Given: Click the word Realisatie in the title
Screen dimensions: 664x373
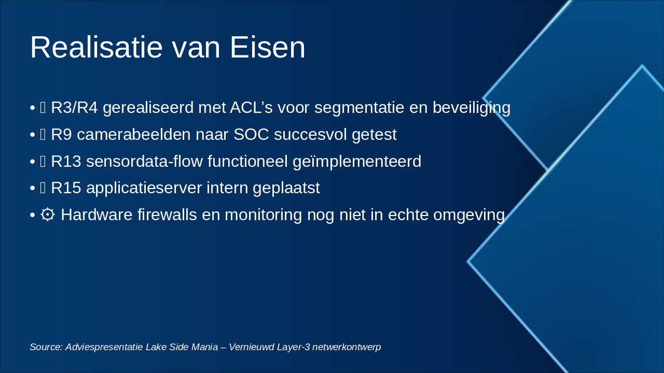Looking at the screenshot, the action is click(96, 47).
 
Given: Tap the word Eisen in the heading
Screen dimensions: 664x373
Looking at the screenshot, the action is click(267, 47).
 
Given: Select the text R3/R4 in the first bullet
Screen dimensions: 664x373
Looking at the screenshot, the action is click(74, 107).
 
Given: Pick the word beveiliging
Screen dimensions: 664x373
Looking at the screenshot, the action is click(472, 108).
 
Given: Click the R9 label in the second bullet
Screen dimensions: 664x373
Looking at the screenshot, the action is click(61, 134).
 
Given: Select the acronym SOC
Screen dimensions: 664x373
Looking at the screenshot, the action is click(252, 134).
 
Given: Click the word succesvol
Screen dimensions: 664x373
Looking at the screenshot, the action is click(310, 134).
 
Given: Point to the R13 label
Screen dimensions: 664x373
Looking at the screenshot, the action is click(66, 161).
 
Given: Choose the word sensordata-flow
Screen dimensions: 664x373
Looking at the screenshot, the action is click(144, 161).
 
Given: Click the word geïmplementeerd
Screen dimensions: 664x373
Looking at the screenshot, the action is click(357, 162).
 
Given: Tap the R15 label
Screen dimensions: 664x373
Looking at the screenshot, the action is click(66, 188).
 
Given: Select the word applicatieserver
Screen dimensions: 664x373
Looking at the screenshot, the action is click(144, 189).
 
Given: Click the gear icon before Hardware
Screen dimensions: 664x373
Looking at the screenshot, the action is click(47, 214).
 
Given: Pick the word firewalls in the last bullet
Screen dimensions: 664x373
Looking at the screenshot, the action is click(167, 214).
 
